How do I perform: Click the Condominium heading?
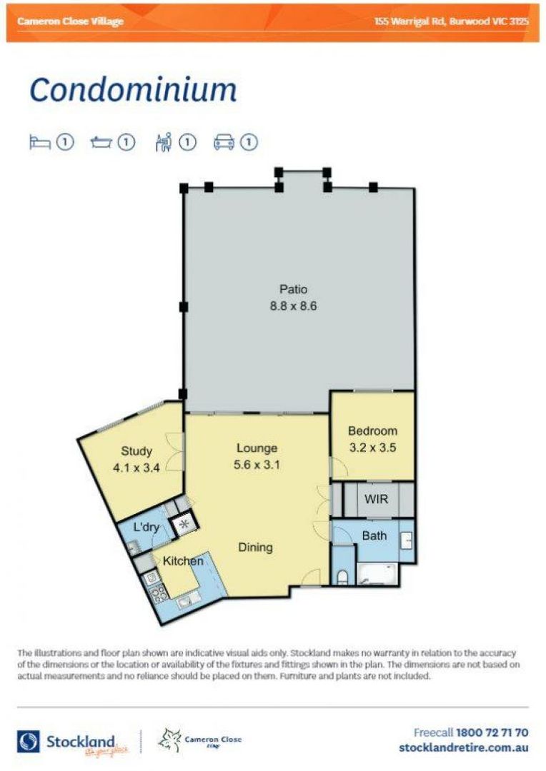click(133, 91)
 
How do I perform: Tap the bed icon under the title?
click(39, 143)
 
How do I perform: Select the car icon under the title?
click(224, 143)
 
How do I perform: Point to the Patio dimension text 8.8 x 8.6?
click(293, 306)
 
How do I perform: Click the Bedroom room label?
click(372, 431)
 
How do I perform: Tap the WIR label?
click(376, 499)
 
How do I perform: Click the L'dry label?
click(147, 528)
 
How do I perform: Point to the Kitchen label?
click(183, 561)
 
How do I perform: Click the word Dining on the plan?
click(255, 548)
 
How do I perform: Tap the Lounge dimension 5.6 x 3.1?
click(257, 465)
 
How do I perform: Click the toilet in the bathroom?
click(343, 575)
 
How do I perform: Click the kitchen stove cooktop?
click(157, 592)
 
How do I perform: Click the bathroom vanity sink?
click(407, 540)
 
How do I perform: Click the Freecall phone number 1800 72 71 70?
click(492, 732)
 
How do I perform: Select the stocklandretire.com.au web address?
click(463, 747)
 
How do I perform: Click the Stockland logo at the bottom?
click(66, 742)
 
